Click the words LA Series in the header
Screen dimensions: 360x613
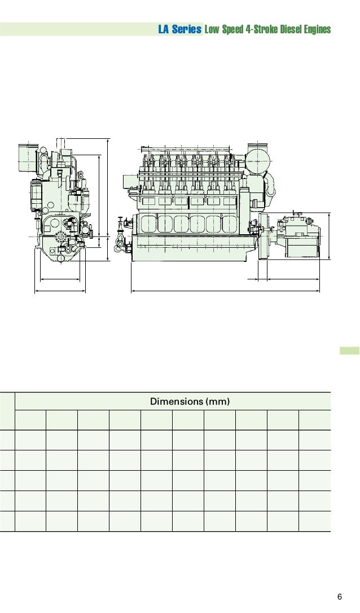click(180, 29)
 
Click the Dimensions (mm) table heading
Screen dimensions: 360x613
click(190, 401)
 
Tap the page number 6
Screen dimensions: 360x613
click(339, 597)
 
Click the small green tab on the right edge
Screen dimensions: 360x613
click(349, 351)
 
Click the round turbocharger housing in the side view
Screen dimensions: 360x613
click(258, 159)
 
